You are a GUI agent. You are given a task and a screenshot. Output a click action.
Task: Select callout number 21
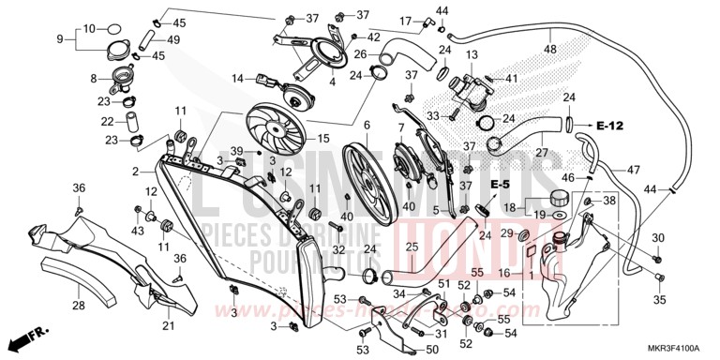tap(169, 325)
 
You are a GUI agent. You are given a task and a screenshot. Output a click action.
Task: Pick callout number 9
tap(60, 38)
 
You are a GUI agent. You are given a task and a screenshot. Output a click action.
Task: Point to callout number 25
tap(410, 247)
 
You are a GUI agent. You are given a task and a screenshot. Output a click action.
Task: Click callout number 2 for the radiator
tap(136, 172)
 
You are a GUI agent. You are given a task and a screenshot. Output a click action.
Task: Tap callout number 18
tap(508, 207)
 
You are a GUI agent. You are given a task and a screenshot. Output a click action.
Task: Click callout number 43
tap(139, 230)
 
